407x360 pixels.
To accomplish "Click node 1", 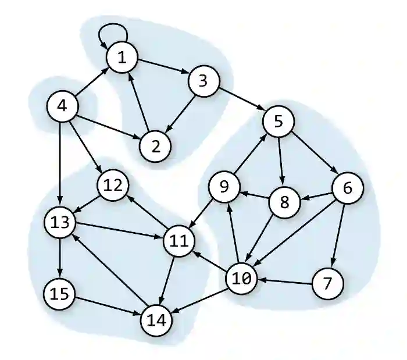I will pyautogui.click(x=122, y=58).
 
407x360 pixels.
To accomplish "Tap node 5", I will pyautogui.click(x=279, y=122).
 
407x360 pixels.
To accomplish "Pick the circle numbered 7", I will pyautogui.click(x=328, y=284).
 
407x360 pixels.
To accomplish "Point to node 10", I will pyautogui.click(x=241, y=279).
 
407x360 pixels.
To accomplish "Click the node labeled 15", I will pyautogui.click(x=60, y=294).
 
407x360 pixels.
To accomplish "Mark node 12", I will pyautogui.click(x=113, y=186).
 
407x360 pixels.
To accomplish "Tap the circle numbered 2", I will pyautogui.click(x=155, y=145).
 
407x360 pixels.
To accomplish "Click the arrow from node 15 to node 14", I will pyautogui.click(x=108, y=306).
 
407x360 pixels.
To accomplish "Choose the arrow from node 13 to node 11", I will pyautogui.click(x=119, y=231).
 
